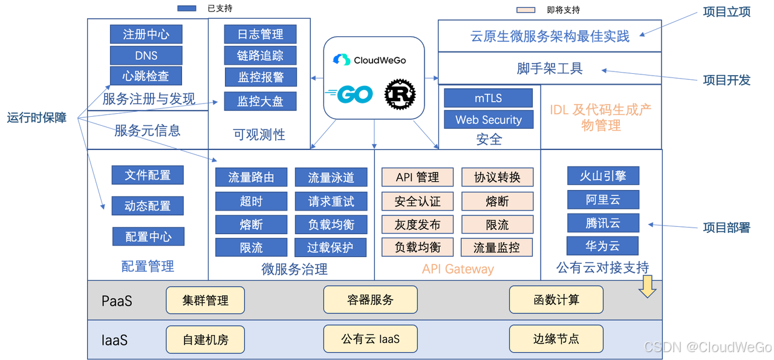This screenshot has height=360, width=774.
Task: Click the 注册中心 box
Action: [x=146, y=34]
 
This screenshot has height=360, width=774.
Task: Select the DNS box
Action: [x=146, y=55]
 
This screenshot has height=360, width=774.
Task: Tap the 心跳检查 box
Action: [x=146, y=76]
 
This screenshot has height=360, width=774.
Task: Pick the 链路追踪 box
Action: [x=260, y=56]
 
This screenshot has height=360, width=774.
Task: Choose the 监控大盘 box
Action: [x=260, y=100]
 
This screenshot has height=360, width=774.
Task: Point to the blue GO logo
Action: [x=350, y=94]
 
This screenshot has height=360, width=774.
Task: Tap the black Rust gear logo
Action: [x=400, y=94]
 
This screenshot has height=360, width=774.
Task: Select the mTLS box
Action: [x=488, y=98]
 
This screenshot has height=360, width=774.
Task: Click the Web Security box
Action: [x=488, y=120]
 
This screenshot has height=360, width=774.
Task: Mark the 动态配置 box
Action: [x=147, y=206]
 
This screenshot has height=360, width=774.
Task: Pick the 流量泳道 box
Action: [x=331, y=177]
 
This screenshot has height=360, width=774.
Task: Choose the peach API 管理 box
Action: [x=417, y=177]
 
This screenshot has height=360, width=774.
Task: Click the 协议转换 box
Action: [x=497, y=177]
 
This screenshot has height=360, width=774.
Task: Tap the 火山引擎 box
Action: [x=602, y=176]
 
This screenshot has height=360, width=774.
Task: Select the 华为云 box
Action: [x=602, y=246]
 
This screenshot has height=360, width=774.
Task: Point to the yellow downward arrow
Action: [x=648, y=286]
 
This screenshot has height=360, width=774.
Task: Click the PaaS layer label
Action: [x=117, y=301]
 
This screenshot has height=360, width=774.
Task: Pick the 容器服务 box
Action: [x=370, y=299]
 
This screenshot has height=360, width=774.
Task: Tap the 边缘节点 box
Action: [x=556, y=339]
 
